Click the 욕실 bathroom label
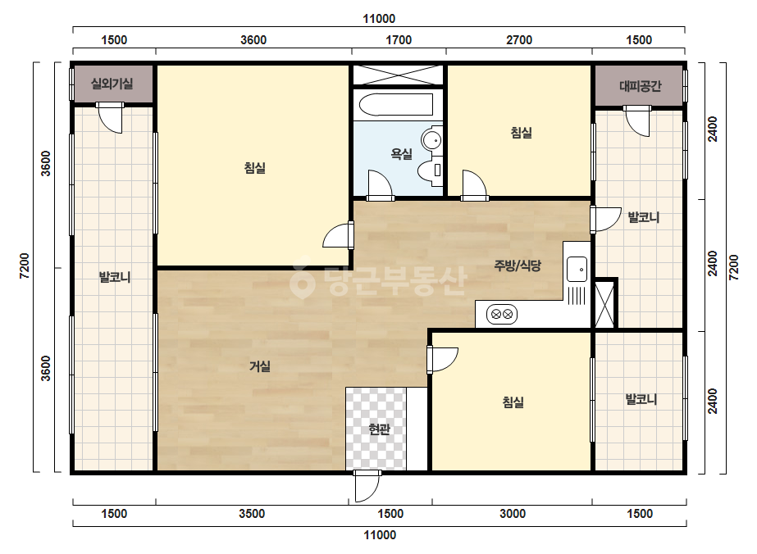click(x=401, y=154)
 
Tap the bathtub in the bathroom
click(x=395, y=105)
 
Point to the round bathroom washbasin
click(x=431, y=140)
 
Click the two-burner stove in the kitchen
click(x=502, y=315)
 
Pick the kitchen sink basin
click(x=577, y=270)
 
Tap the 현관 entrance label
click(x=379, y=429)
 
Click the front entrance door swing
click(x=367, y=487)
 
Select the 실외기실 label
click(x=112, y=84)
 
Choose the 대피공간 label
click(x=641, y=86)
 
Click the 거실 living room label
click(x=260, y=367)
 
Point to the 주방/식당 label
click(x=518, y=266)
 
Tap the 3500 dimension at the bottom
click(x=252, y=514)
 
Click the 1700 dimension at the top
click(x=399, y=40)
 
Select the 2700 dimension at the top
click(x=519, y=40)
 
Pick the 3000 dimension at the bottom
click(x=513, y=514)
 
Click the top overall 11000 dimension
click(x=379, y=19)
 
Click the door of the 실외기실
click(x=110, y=117)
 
